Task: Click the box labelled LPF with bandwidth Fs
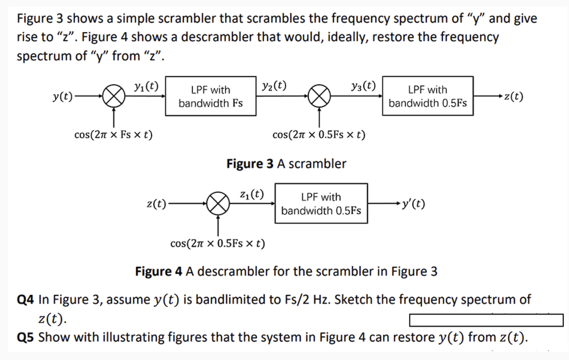click(211, 96)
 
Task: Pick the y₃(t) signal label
click(363, 86)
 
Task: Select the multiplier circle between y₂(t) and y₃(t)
click(319, 97)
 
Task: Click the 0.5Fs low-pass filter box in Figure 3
click(428, 96)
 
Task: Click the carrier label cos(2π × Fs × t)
click(113, 135)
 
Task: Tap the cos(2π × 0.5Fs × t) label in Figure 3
click(319, 135)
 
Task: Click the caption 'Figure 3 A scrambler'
click(286, 164)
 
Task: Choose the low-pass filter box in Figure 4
click(321, 203)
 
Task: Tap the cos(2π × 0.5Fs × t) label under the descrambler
click(218, 243)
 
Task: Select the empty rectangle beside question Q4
click(486, 320)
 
